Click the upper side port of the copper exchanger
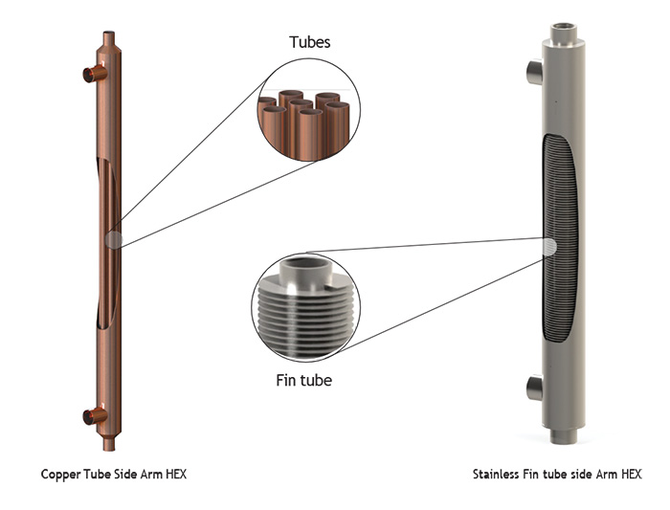[93, 74]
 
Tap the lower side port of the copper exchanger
[93, 415]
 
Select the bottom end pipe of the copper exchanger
[107, 448]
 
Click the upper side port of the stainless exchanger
[534, 72]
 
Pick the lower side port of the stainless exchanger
[534, 387]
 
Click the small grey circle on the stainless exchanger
[549, 247]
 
